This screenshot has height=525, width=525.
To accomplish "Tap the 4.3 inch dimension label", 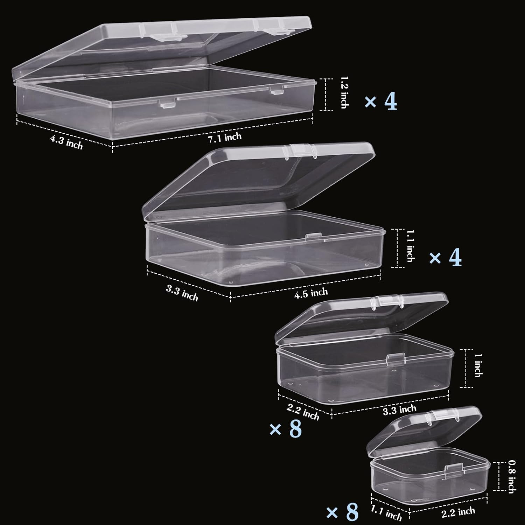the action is click(66, 142).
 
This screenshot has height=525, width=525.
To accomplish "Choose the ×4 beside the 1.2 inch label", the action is click(381, 102).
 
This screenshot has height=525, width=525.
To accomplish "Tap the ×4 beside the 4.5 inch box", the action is click(445, 258).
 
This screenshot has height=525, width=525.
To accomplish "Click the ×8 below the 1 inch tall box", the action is click(285, 429).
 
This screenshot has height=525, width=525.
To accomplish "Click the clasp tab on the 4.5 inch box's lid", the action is click(300, 151).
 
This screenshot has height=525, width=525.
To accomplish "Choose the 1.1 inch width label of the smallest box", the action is click(386, 513).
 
